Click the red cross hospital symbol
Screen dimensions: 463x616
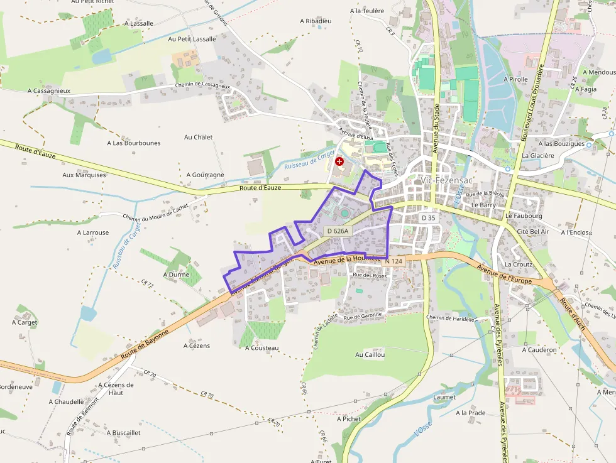[340, 161]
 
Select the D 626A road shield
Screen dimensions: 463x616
[338, 231]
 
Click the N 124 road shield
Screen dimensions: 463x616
[393, 261]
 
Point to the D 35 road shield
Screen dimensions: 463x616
[428, 217]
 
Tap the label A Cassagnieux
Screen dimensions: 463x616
[49, 90]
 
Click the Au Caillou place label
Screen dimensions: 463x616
[370, 354]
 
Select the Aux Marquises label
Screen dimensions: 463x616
[84, 175]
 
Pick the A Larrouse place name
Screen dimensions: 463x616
[93, 232]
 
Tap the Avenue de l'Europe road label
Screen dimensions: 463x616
[505, 275]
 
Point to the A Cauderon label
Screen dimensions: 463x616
[539, 349]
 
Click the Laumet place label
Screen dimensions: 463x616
[444, 397]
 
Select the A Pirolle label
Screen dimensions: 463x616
[516, 80]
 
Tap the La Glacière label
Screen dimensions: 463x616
[538, 156]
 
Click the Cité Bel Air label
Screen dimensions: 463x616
[532, 231]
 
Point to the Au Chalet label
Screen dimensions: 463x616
[199, 137]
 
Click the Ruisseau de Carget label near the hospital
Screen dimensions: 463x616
[309, 161]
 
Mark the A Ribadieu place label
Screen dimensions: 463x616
[316, 21]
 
